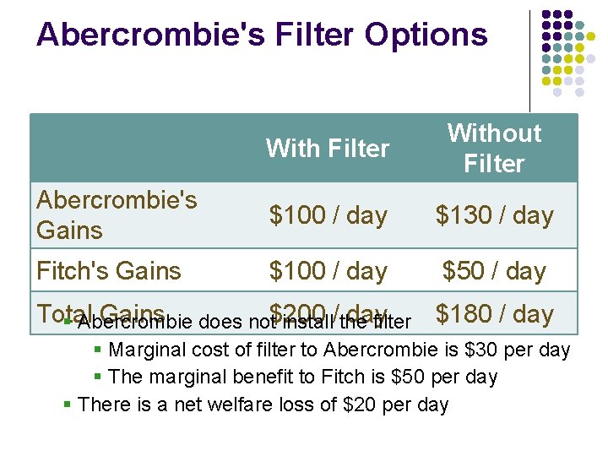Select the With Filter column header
[328, 149]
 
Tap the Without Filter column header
[494, 148]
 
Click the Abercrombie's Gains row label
[117, 214]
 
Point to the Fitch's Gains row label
[108, 271]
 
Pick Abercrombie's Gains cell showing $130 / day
[494, 215]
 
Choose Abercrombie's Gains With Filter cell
[328, 215]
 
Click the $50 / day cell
[494, 271]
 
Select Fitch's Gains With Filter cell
[328, 271]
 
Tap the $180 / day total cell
[494, 313]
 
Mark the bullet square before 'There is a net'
[68, 405]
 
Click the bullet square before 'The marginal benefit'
[99, 377]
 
